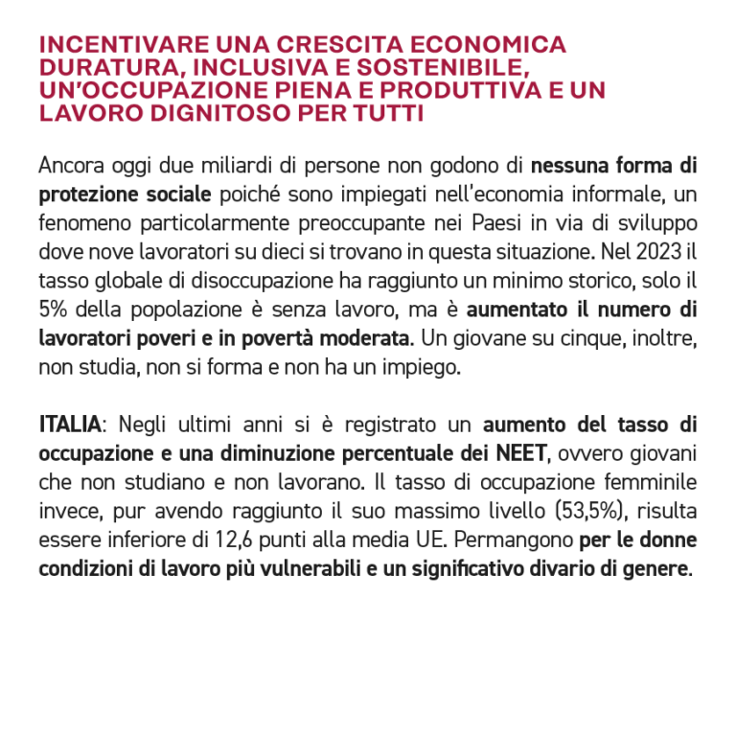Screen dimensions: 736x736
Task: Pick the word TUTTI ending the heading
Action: click(x=393, y=113)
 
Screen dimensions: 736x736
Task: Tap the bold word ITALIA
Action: click(x=68, y=424)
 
